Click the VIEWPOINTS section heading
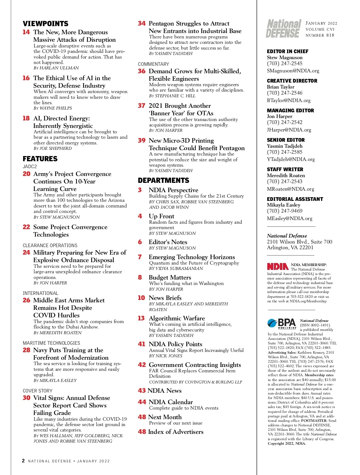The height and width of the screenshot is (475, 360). (46, 24)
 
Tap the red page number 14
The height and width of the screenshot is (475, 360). (26, 32)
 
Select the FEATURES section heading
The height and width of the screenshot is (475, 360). (40, 159)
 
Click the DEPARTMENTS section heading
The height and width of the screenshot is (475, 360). (163, 180)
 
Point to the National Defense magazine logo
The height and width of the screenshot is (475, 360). (283, 29)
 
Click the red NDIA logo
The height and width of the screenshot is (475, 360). (278, 266)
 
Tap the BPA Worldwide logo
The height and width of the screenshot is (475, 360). (282, 323)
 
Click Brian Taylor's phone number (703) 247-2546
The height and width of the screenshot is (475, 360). (285, 93)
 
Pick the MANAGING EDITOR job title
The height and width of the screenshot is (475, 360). (290, 110)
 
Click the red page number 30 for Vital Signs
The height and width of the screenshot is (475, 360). (26, 398)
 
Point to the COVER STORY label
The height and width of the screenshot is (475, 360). (37, 391)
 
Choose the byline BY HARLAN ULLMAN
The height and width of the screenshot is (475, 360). (56, 68)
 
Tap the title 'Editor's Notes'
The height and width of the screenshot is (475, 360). (168, 242)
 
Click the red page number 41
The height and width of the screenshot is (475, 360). (142, 344)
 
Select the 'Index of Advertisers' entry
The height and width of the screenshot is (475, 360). (175, 432)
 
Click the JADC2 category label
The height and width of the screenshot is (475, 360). (30, 166)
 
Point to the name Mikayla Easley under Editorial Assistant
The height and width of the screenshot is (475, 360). (283, 205)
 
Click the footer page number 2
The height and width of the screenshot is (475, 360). (23, 461)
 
